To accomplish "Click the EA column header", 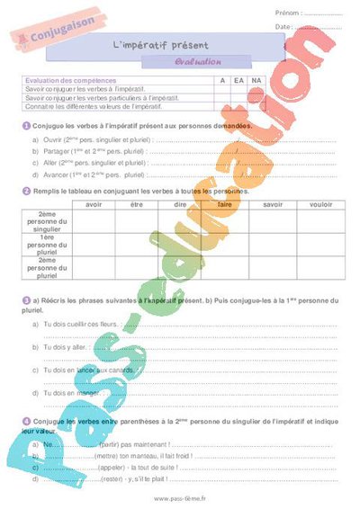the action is coord(238,81).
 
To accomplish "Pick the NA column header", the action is coord(256,81).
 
